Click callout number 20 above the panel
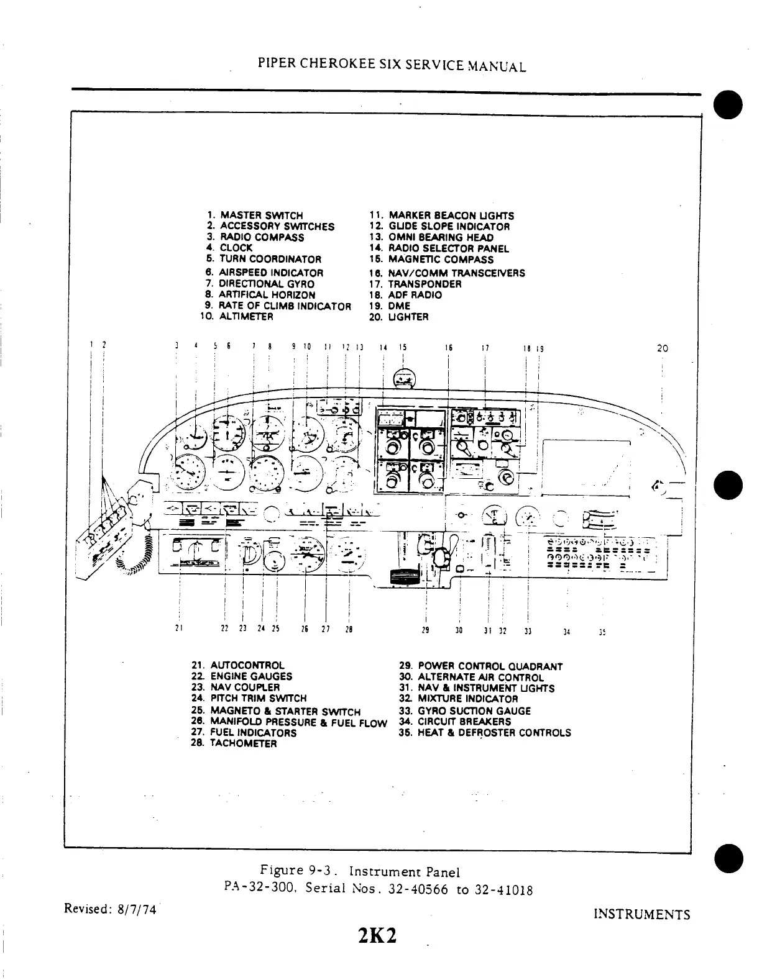tap(663, 348)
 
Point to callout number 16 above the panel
tap(448, 348)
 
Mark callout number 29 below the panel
tap(425, 630)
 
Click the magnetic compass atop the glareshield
tap(405, 377)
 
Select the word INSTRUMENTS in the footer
tap(642, 915)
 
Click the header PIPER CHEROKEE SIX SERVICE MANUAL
tap(392, 66)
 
